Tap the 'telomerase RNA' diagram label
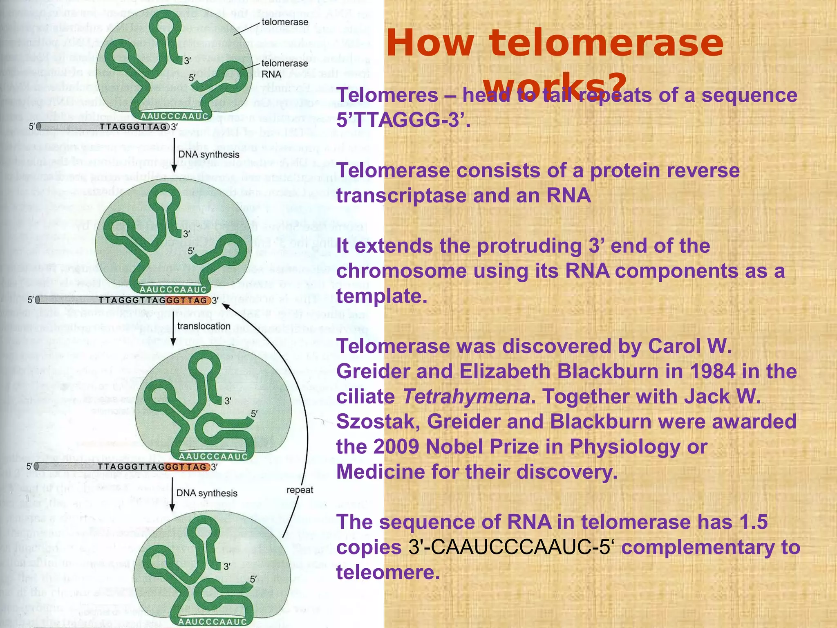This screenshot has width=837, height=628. click(x=284, y=69)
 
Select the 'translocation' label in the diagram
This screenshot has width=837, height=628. click(x=204, y=326)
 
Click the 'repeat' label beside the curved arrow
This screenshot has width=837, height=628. click(x=300, y=490)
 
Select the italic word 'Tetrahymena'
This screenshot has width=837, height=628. click(x=466, y=397)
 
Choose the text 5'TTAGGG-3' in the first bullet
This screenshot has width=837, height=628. click(x=403, y=120)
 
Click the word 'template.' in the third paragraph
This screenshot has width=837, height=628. click(x=381, y=296)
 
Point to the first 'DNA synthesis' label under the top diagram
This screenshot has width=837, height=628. click(x=208, y=155)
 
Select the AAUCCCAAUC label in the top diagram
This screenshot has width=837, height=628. click(x=175, y=117)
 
